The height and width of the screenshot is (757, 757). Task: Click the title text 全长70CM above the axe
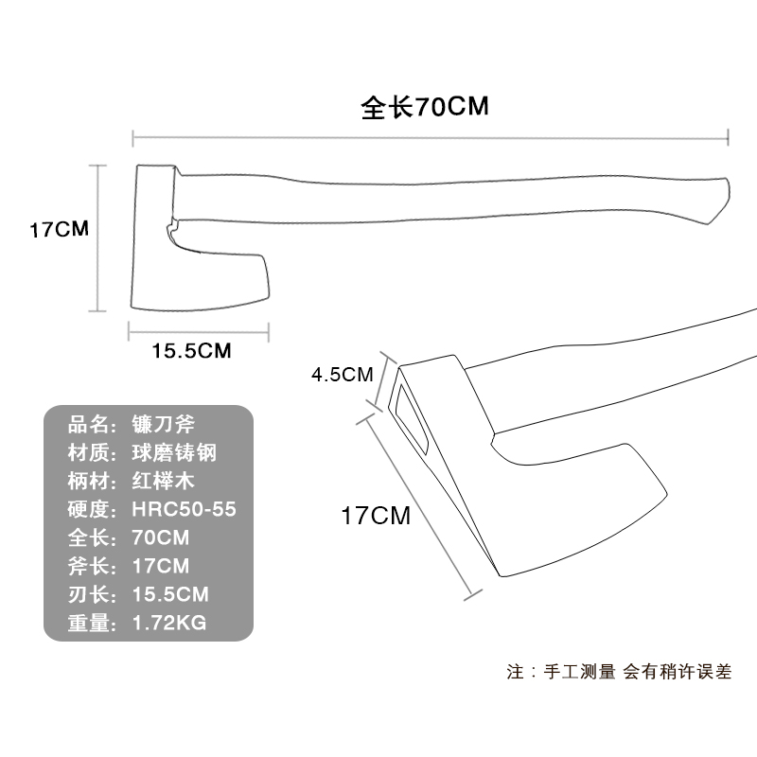click(x=425, y=106)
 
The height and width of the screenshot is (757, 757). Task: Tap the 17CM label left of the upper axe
click(x=59, y=229)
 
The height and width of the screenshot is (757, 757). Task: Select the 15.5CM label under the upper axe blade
click(x=191, y=351)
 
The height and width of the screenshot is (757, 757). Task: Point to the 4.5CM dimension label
click(x=343, y=374)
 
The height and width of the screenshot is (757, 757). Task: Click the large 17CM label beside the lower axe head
click(x=376, y=517)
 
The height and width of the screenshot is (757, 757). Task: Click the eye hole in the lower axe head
click(x=411, y=416)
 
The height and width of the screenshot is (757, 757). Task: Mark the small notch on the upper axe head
click(x=170, y=228)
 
